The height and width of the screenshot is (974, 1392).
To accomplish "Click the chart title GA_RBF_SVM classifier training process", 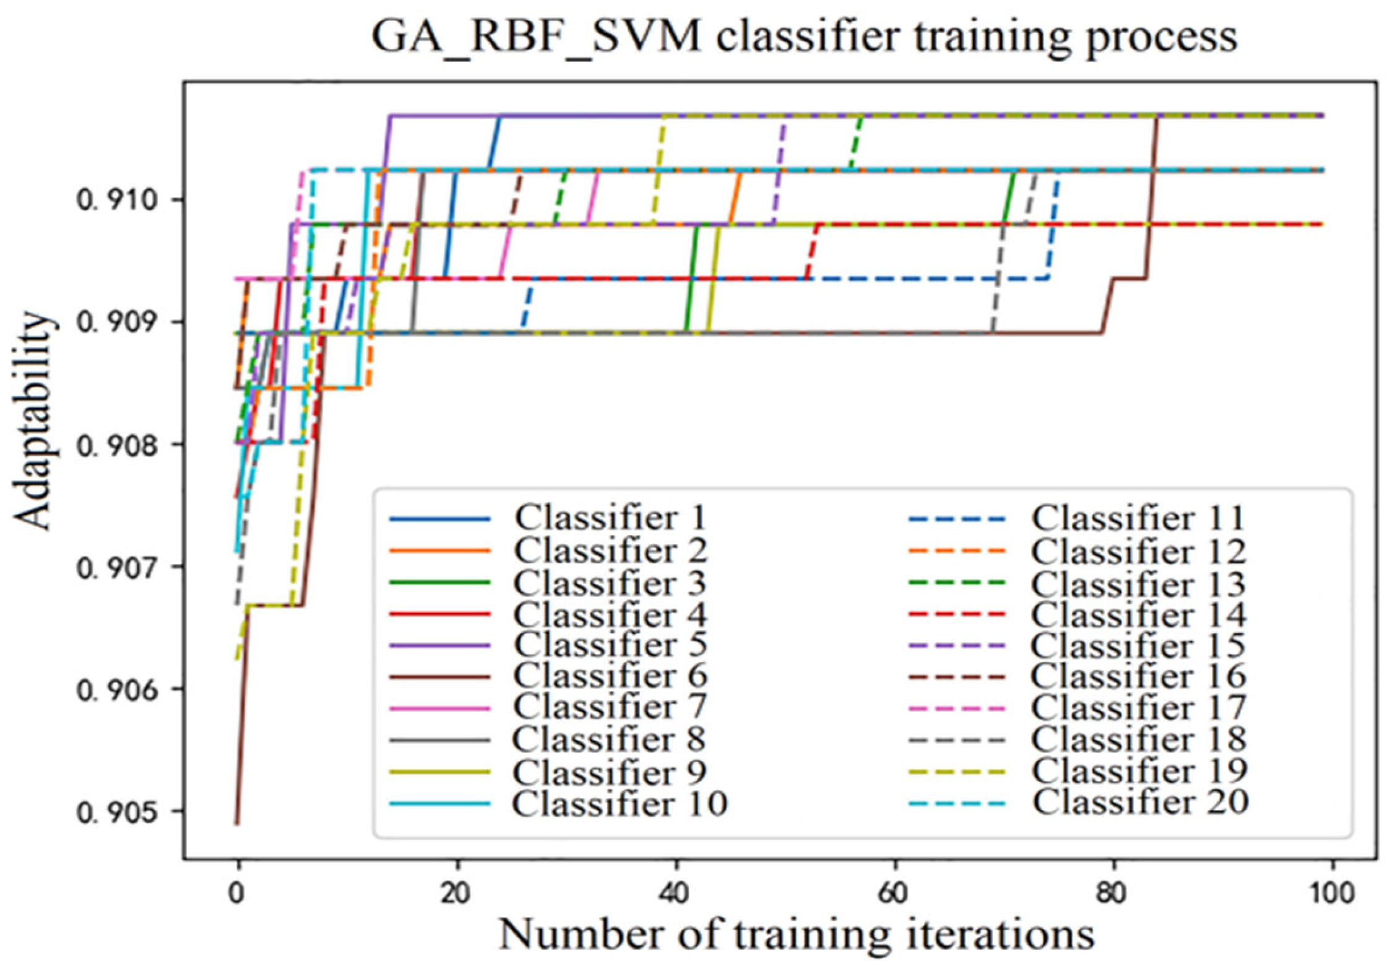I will click(x=804, y=37).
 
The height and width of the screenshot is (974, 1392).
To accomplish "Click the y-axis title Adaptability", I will click(x=32, y=420).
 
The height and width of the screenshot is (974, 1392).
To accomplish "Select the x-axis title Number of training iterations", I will click(x=797, y=934).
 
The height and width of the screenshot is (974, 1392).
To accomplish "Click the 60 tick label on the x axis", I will click(x=893, y=893).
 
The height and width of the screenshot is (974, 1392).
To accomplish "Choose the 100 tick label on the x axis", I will click(x=1331, y=893).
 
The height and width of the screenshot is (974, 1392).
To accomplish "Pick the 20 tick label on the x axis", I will click(x=456, y=893).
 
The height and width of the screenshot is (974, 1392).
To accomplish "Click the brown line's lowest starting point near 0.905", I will click(x=236, y=824).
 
